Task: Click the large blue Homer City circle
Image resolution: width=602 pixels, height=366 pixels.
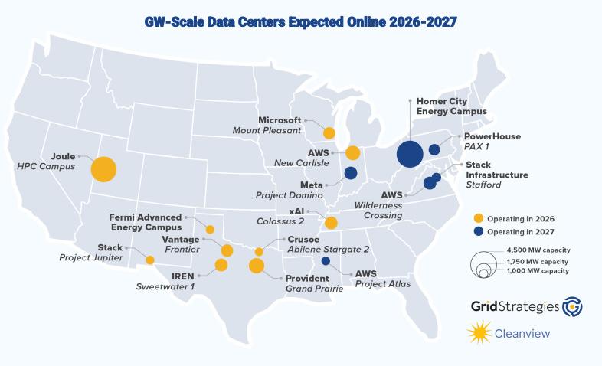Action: pyautogui.click(x=410, y=154)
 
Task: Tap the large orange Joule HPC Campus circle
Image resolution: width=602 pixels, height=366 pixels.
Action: pyautogui.click(x=103, y=169)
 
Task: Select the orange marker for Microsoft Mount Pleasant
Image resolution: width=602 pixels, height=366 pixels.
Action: pyautogui.click(x=329, y=133)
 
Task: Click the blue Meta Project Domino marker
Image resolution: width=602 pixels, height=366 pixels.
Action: pyautogui.click(x=351, y=173)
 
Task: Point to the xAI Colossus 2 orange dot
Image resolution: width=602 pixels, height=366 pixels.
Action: pyautogui.click(x=331, y=223)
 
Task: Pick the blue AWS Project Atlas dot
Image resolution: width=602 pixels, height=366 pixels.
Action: pyautogui.click(x=326, y=261)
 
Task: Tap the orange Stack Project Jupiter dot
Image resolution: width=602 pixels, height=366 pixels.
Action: pyautogui.click(x=150, y=260)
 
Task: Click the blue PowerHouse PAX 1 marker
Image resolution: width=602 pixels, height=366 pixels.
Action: pyautogui.click(x=434, y=149)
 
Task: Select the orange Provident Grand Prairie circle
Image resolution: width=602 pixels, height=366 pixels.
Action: pyautogui.click(x=257, y=266)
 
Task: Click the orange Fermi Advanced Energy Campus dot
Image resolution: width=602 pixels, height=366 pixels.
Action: pyautogui.click(x=210, y=230)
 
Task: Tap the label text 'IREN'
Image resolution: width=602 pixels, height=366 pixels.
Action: pyautogui.click(x=183, y=276)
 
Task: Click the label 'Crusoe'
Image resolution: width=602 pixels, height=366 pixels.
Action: pyautogui.click(x=303, y=240)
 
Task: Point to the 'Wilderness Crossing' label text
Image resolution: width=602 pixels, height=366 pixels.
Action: pyautogui.click(x=378, y=211)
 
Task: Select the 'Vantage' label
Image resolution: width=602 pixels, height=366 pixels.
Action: pyautogui.click(x=181, y=240)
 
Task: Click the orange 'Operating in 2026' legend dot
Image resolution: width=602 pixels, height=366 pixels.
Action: pyautogui.click(x=479, y=219)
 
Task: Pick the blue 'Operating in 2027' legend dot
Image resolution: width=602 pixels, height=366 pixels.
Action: pyautogui.click(x=479, y=231)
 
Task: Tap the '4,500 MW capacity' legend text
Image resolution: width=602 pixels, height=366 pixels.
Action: pyautogui.click(x=538, y=250)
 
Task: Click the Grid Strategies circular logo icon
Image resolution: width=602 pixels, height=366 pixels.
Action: pyautogui.click(x=572, y=306)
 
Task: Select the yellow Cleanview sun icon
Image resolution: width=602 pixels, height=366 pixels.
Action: pyautogui.click(x=479, y=332)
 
